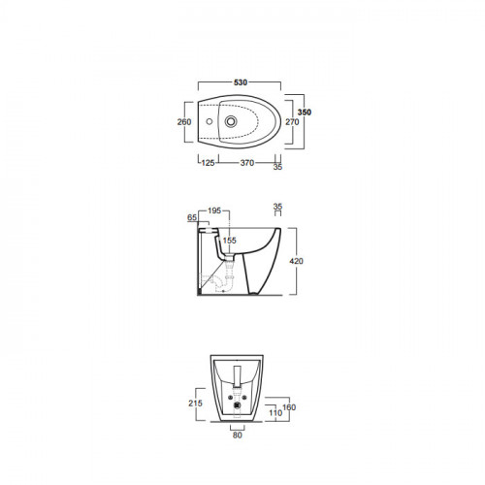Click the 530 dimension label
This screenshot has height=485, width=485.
[241, 82]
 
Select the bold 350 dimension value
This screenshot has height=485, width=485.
[305, 113]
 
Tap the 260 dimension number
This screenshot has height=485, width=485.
[184, 122]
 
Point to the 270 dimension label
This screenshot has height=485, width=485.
[292, 122]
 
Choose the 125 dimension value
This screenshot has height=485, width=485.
[208, 163]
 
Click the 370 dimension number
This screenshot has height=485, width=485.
[247, 163]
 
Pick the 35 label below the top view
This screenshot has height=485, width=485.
[277, 167]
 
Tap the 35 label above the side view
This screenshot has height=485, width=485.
[277, 207]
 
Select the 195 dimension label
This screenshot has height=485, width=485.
[214, 210]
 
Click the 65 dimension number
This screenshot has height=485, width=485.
[192, 217]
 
